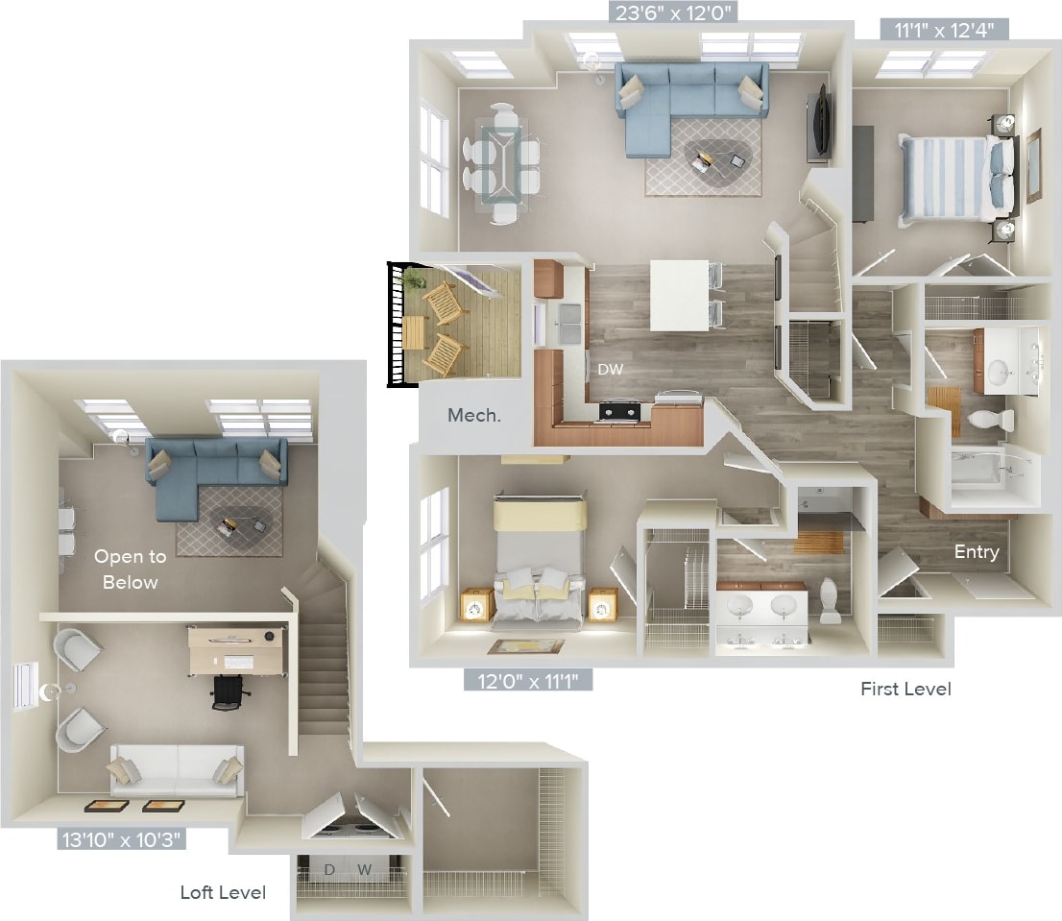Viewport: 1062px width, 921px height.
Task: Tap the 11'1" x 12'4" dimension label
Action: [944, 30]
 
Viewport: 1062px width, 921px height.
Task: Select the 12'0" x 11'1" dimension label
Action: [528, 681]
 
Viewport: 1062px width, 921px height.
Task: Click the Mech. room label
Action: [473, 416]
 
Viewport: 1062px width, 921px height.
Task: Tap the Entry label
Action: [976, 552]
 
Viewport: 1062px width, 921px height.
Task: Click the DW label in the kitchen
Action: [609, 369]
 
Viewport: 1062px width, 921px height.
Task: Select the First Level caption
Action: [905, 689]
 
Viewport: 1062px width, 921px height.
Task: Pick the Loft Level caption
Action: [223, 892]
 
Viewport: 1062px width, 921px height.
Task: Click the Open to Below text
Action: [130, 570]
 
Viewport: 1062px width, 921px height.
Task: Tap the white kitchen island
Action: [678, 294]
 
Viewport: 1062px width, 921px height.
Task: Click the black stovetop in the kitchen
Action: [619, 411]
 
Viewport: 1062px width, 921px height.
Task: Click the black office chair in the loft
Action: [227, 691]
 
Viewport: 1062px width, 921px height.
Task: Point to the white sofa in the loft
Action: [177, 769]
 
